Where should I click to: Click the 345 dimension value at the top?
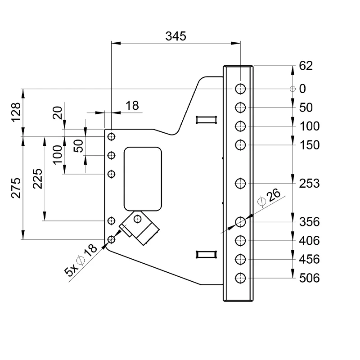tap(175, 36)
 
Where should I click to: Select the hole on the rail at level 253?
tap(241, 183)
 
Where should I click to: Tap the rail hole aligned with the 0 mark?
tap(241, 89)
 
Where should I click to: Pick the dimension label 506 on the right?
tap(309, 278)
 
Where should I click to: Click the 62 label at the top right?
tap(306, 67)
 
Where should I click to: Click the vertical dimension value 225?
tap(38, 179)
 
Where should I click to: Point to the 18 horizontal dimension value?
tap(132, 106)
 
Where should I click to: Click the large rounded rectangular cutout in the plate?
tap(143, 178)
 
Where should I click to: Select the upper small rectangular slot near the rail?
tap(207, 119)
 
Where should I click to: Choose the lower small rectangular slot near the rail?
tap(207, 254)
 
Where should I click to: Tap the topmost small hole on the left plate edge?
tap(111, 136)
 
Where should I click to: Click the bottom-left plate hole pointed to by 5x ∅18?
tap(111, 239)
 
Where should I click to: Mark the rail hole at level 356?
tap(241, 221)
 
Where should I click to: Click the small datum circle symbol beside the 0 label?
tap(292, 89)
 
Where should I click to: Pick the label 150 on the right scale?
tap(309, 145)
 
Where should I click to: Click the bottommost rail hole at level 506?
tap(241, 278)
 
